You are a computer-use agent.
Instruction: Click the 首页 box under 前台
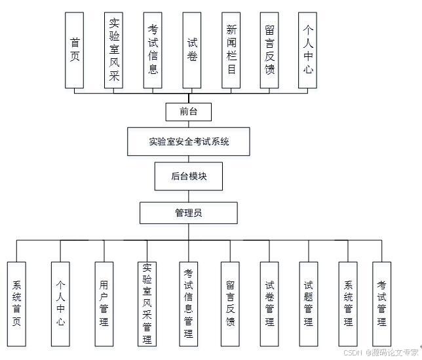[75, 50]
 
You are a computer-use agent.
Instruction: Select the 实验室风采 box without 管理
[114, 50]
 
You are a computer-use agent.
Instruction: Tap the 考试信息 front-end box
[153, 50]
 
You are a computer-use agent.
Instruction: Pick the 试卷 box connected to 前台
[191, 50]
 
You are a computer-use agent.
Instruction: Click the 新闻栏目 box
[231, 50]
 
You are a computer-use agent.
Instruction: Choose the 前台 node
[188, 112]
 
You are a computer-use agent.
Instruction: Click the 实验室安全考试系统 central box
[189, 141]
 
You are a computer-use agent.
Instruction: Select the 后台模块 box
[189, 176]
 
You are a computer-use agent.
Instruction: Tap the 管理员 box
[188, 213]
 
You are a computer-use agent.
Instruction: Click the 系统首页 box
[17, 304]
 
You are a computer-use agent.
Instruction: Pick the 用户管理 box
[104, 304]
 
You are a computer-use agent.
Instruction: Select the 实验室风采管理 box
[147, 304]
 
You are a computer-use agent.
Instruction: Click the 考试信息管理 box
[189, 304]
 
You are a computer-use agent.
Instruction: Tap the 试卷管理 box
[269, 304]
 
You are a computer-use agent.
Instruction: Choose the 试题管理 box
[308, 304]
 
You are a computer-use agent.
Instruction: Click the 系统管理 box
[348, 304]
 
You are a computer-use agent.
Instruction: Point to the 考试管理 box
[381, 304]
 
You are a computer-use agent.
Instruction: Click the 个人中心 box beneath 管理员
[60, 304]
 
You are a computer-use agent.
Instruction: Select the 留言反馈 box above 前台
[269, 50]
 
